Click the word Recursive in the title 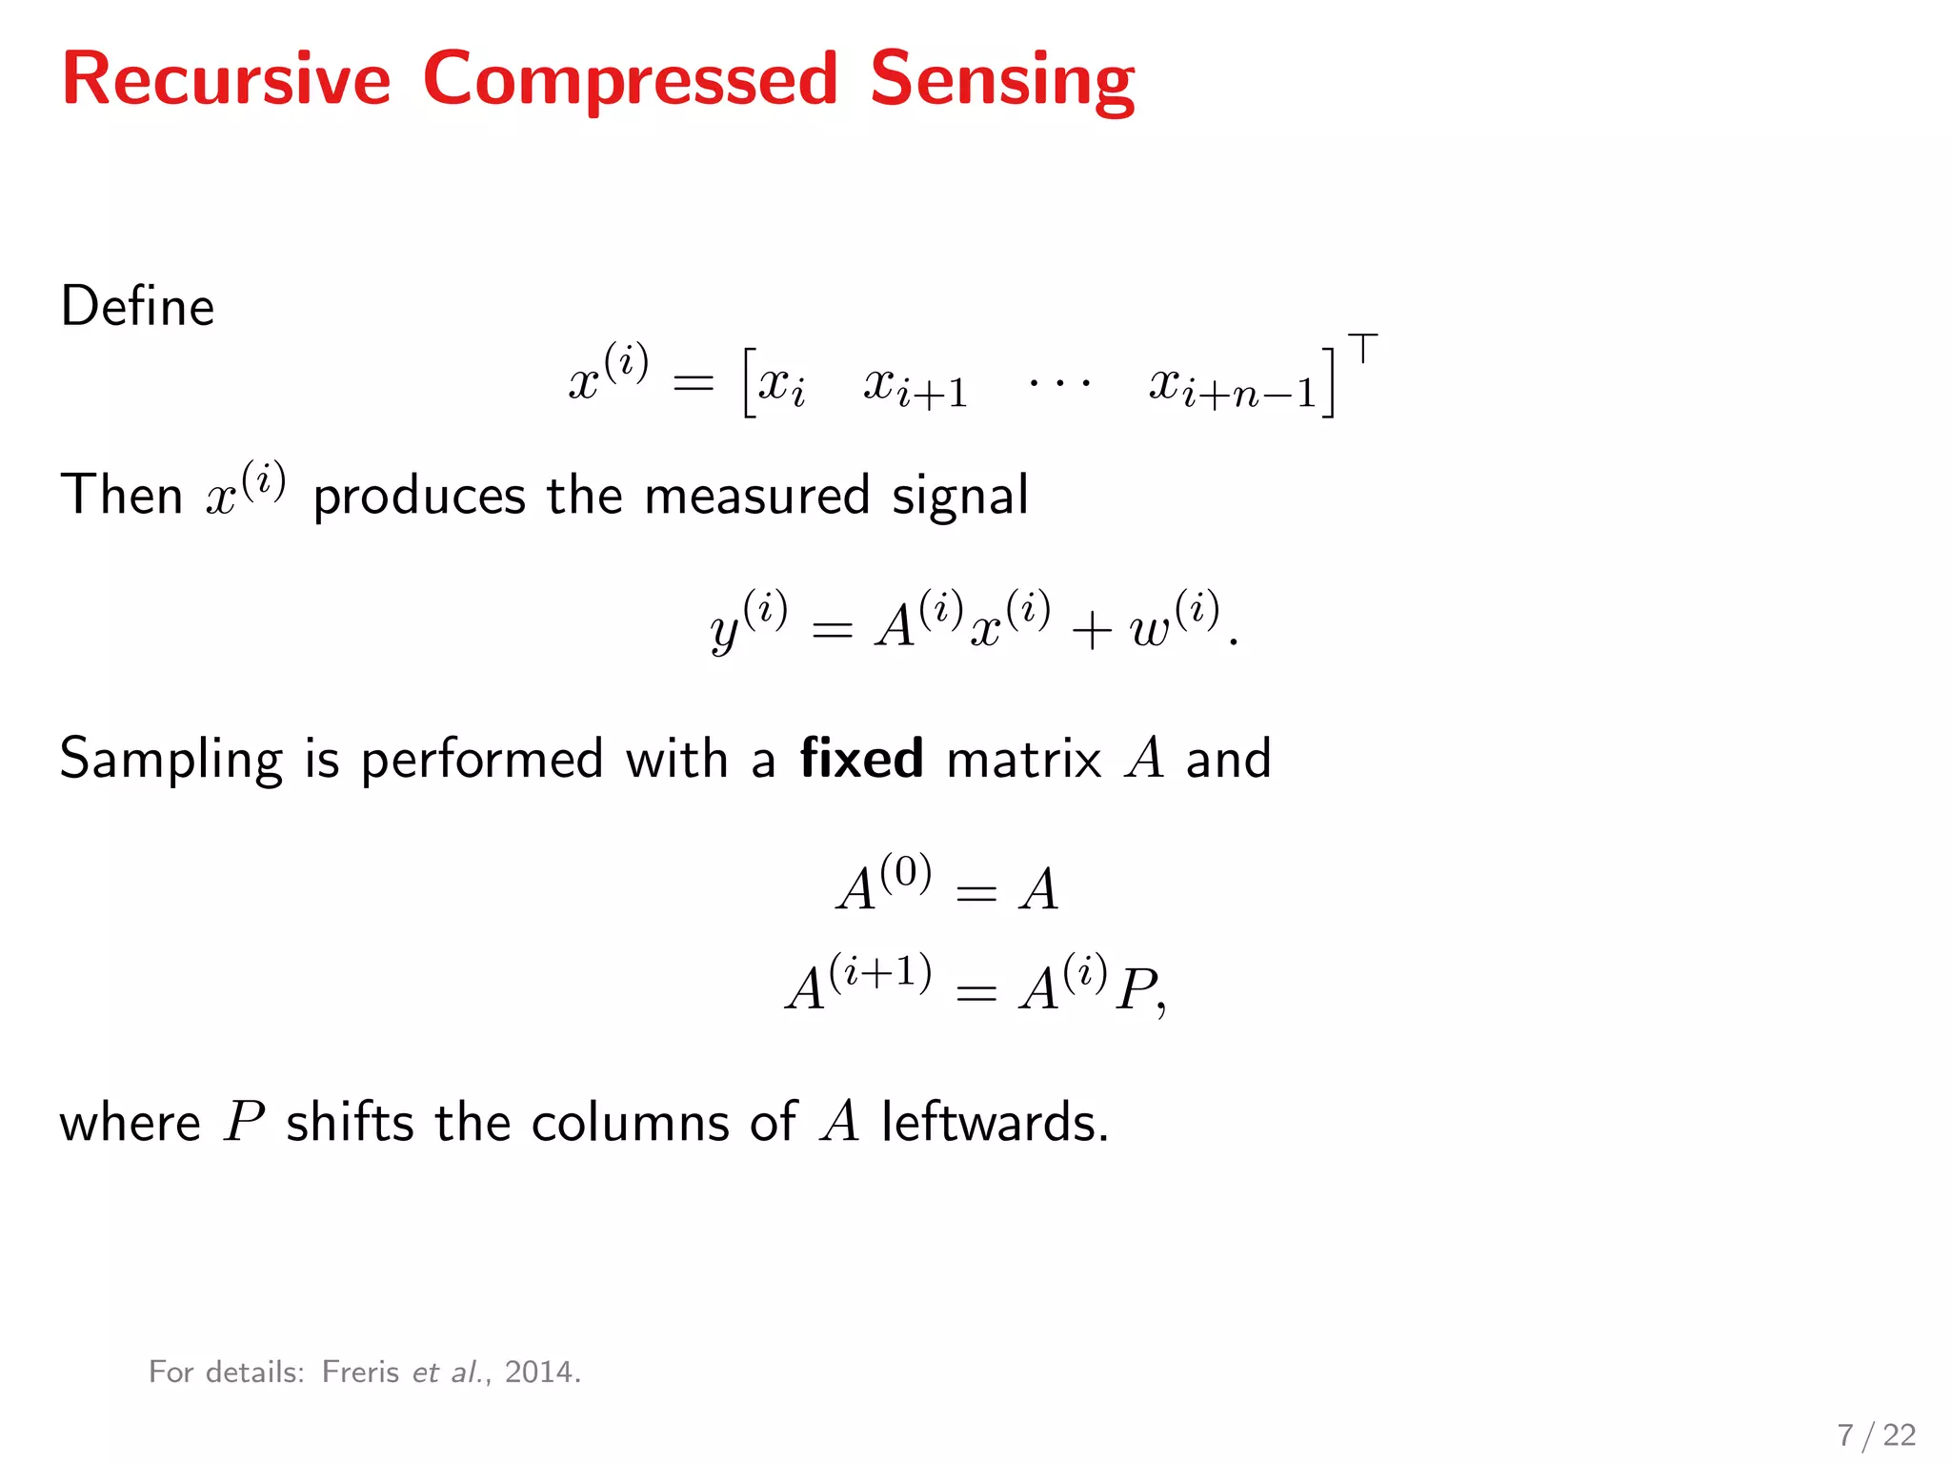(x=227, y=80)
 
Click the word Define (x=138, y=307)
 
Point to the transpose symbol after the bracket (x=1363, y=349)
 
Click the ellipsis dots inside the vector (x=1059, y=384)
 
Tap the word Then (x=122, y=496)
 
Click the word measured (x=756, y=496)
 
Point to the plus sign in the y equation (x=1091, y=630)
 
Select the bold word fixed (x=861, y=759)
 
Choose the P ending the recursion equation (x=1137, y=989)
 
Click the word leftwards (x=995, y=1122)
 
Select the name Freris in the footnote (x=360, y=1372)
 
